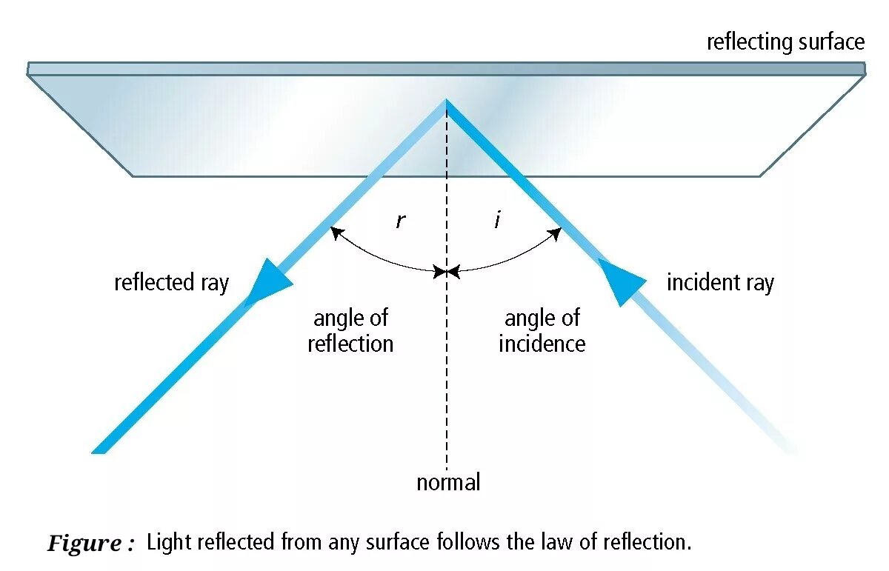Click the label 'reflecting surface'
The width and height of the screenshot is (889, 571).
pyautogui.click(x=785, y=42)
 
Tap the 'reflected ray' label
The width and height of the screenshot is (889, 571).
pyautogui.click(x=171, y=282)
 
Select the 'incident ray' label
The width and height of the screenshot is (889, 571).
pyautogui.click(x=720, y=282)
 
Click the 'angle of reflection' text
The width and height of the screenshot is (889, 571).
pyautogui.click(x=350, y=331)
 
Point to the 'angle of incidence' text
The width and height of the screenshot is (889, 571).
pyautogui.click(x=542, y=331)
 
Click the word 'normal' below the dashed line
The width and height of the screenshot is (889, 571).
pyautogui.click(x=448, y=483)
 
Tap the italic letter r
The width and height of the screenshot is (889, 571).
pyautogui.click(x=400, y=220)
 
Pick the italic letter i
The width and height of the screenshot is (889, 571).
pyautogui.click(x=497, y=220)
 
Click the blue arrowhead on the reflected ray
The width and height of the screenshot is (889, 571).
pyautogui.click(x=269, y=282)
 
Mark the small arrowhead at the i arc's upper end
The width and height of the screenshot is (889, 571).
pyautogui.click(x=556, y=233)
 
